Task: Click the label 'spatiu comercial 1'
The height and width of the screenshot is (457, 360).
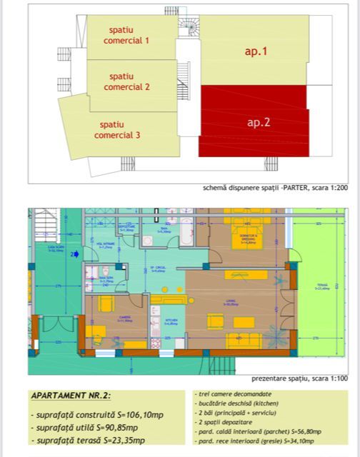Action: pyautogui.click(x=129, y=36)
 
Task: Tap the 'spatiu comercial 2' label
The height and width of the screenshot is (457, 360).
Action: pyautogui.click(x=127, y=81)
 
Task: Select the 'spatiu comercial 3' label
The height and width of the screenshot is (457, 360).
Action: pyautogui.click(x=117, y=129)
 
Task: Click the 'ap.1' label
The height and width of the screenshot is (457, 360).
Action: pyautogui.click(x=256, y=51)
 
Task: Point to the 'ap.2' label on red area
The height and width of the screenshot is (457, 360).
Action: pyautogui.click(x=258, y=122)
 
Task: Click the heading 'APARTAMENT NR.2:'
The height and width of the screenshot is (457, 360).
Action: pyautogui.click(x=71, y=396)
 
